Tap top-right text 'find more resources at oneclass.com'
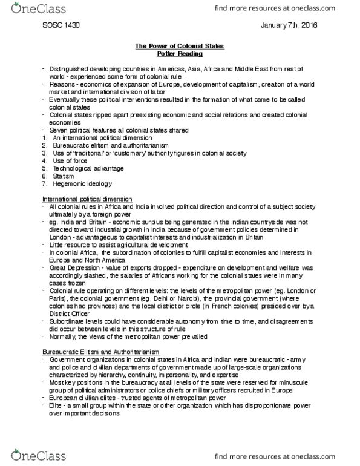pos(296,9)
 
